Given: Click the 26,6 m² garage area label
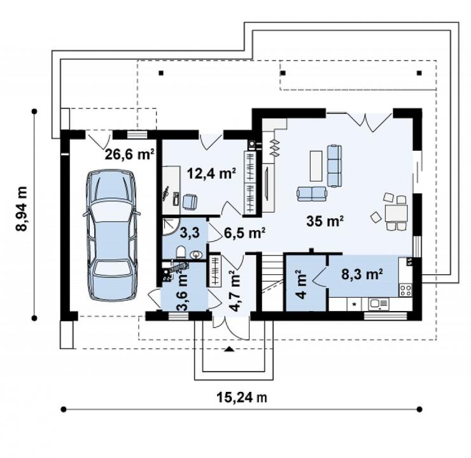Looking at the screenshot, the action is coord(130,155).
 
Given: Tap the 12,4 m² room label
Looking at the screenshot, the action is coord(211,173).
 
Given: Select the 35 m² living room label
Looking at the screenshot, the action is coord(325,221).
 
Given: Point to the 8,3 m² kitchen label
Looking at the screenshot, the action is coord(362,274).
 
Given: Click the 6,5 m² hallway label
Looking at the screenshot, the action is coord(244,233).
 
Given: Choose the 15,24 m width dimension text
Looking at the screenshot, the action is coord(242,398).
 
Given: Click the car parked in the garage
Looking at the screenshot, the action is coord(111,235).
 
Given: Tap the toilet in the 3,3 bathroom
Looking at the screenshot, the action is coord(181,252).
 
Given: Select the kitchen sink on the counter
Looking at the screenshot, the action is coord(379,303).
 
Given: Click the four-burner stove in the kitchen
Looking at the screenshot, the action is coord(405,290).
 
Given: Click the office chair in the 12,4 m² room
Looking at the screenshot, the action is coord(190,202).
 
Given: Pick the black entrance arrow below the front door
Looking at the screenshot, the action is coord(230,349).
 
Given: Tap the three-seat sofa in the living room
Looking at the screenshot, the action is coord(334,165).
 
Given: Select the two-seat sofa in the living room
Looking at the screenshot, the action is coord(311,194).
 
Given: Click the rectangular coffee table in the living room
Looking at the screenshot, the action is coord(316,166).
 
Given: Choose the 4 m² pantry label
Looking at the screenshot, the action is coord(301,284).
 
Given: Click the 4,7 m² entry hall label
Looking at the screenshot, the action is coord(234,291).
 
